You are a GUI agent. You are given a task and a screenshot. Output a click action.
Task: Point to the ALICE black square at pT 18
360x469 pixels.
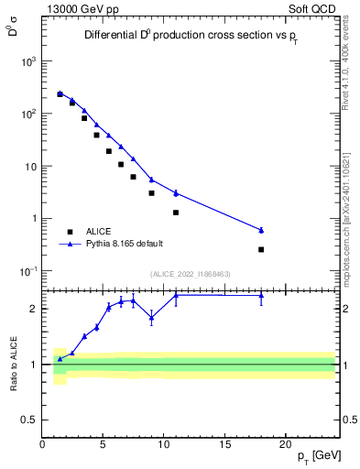261,249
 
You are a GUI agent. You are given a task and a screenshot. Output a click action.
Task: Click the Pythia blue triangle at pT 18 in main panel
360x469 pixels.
261,230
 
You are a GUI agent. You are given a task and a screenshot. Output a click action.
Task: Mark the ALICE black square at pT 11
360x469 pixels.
176,213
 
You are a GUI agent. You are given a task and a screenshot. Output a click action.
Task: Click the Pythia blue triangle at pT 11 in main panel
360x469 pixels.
176,192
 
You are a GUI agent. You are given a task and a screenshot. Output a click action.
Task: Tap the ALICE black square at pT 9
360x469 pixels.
151,193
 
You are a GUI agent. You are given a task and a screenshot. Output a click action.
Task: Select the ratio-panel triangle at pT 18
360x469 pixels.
261,295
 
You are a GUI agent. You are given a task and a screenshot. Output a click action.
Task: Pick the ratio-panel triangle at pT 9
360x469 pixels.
151,317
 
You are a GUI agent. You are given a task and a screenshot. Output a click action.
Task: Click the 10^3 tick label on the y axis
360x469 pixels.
28,61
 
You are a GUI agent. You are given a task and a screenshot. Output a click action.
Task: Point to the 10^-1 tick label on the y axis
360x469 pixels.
28,271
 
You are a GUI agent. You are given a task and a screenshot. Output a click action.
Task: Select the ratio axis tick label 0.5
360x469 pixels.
29,420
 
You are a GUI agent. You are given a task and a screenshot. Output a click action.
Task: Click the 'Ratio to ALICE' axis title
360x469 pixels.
13,364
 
